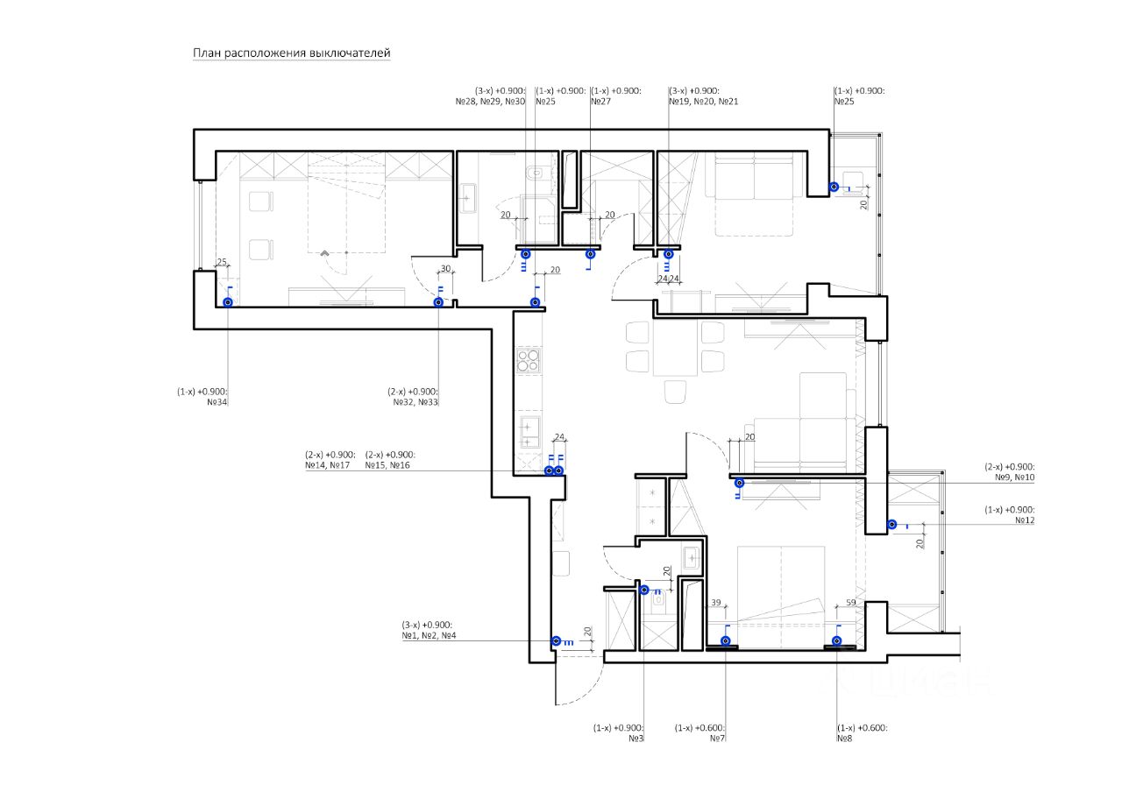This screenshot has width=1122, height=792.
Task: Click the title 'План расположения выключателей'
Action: click(x=291, y=53)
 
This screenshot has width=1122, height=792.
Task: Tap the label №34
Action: click(x=217, y=403)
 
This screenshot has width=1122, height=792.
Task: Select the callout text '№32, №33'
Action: click(x=415, y=403)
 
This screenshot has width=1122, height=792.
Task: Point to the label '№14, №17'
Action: click(x=328, y=466)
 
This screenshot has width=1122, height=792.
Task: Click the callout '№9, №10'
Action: click(x=1014, y=478)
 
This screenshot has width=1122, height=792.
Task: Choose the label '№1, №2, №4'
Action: click(x=430, y=635)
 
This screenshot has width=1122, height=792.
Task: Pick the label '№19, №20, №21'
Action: click(x=703, y=102)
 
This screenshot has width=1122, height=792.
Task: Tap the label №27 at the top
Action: click(x=600, y=102)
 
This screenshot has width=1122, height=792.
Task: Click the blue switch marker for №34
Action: click(x=228, y=302)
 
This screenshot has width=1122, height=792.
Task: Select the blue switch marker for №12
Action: click(x=891, y=525)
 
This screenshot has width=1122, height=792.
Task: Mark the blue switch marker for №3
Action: click(x=644, y=590)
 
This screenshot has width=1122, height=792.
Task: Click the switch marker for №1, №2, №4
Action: click(x=556, y=641)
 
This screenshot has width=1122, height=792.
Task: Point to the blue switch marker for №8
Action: click(x=837, y=641)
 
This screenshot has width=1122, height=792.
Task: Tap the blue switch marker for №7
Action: click(x=726, y=641)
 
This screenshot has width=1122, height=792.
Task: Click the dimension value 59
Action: click(x=850, y=603)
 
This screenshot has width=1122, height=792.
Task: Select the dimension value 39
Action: click(x=715, y=603)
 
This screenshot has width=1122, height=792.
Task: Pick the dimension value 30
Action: click(x=445, y=269)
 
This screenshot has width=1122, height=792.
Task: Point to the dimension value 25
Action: click(x=222, y=262)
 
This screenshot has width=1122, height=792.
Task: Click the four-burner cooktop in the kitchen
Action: click(x=529, y=361)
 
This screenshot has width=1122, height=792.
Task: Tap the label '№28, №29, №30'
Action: click(x=490, y=102)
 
